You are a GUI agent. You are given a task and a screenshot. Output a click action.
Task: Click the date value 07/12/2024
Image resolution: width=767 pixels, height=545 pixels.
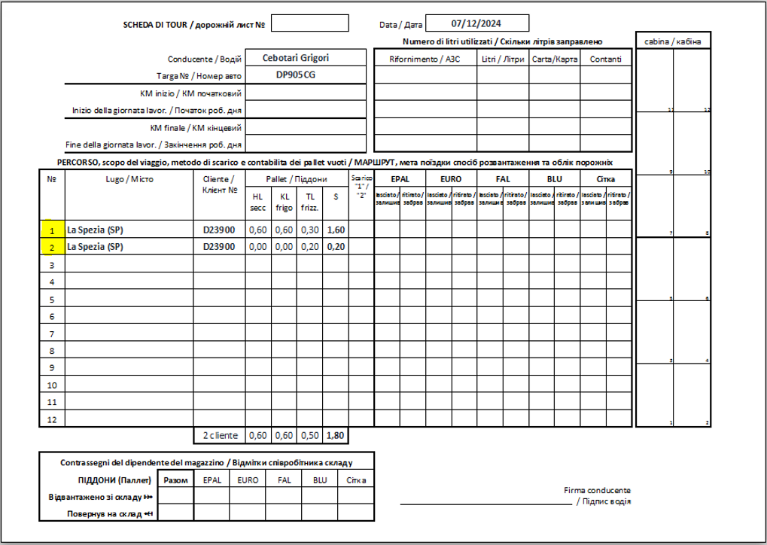[477, 23]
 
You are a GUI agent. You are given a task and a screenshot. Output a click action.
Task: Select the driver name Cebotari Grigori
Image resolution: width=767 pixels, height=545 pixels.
[296, 58]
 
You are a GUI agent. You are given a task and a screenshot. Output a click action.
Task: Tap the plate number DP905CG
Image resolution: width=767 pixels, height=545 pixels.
[296, 75]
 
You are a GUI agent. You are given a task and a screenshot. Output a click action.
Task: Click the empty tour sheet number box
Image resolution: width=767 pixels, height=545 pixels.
[309, 24]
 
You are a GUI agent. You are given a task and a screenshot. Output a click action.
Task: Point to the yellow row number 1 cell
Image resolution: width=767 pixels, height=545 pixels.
[52, 230]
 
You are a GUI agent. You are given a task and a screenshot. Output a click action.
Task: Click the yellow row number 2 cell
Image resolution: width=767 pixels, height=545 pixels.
[52, 246]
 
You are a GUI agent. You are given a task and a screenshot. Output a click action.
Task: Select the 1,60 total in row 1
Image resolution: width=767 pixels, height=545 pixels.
[335, 230]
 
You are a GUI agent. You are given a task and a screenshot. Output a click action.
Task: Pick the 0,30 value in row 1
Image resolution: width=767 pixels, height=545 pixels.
[309, 230]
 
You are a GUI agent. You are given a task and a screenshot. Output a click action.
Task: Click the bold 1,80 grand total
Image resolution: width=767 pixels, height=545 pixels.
[335, 435]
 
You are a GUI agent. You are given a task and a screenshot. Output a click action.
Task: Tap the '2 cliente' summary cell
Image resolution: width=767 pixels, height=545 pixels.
[219, 435]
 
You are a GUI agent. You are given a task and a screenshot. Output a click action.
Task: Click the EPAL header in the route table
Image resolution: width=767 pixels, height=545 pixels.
[399, 179]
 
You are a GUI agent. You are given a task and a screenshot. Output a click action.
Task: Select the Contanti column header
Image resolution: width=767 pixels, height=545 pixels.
[606, 59]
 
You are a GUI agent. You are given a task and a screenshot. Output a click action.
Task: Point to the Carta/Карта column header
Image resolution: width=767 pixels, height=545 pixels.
[554, 59]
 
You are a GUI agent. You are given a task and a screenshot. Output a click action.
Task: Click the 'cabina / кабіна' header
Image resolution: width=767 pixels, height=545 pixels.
[673, 41]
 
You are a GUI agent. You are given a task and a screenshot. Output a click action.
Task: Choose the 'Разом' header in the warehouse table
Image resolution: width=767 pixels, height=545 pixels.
[175, 480]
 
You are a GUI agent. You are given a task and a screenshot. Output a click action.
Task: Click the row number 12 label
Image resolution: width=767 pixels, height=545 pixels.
[52, 419]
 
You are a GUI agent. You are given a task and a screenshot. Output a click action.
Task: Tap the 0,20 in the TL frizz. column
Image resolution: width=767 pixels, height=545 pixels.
[309, 246]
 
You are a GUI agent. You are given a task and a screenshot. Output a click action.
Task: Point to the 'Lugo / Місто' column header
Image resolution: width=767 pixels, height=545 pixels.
[129, 179]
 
